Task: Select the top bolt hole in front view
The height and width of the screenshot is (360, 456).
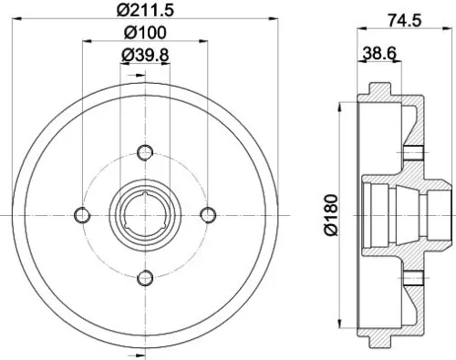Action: pos(144,151)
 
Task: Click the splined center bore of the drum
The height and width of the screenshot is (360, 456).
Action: pos(144,214)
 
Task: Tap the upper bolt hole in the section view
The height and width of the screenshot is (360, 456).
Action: pos(413,151)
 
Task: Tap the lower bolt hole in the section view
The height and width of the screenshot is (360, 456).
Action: pos(413,278)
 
